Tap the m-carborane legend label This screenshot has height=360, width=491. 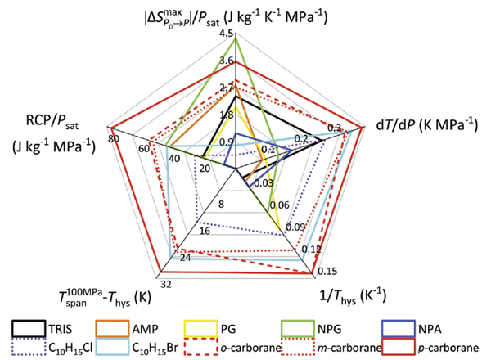360,347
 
